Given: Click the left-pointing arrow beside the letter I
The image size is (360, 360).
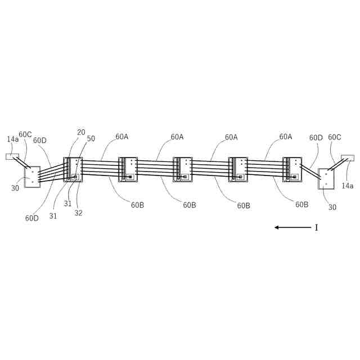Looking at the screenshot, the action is [x=292, y=227].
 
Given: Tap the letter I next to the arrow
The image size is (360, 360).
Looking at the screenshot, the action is [x=316, y=227].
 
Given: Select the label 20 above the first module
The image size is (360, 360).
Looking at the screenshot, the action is [x=81, y=132].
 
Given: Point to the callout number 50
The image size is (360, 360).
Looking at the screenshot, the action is [x=91, y=138].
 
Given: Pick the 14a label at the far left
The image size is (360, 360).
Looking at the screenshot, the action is [x=12, y=138].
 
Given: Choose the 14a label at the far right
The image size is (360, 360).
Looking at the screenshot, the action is [x=348, y=186].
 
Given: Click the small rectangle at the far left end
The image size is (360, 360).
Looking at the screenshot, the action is [x=12, y=157].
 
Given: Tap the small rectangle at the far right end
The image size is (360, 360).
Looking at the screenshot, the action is [x=348, y=159].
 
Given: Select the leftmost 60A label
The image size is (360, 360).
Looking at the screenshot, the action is [x=122, y=137].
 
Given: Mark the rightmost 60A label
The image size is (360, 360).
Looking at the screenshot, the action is [x=286, y=137].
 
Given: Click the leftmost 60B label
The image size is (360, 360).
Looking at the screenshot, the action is [x=138, y=205].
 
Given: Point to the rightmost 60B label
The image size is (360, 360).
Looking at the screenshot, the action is [x=302, y=205].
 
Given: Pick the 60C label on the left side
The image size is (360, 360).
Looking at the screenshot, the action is [x=25, y=134].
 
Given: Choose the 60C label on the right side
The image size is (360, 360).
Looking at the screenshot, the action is [x=335, y=137].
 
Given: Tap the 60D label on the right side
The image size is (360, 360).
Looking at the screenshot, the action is [x=316, y=137].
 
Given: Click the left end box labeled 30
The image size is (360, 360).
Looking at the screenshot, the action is [x=32, y=177].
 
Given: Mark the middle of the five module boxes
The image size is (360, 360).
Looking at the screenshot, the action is [x=182, y=169].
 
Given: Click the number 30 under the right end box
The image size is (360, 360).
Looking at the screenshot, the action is [x=332, y=207].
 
